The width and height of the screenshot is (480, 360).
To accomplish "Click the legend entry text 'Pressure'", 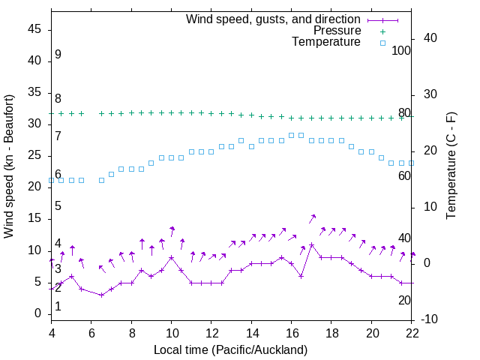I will point(337,31).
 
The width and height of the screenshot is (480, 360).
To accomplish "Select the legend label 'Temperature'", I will point(326,43).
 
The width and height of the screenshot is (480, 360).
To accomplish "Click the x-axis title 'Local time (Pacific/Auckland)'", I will point(230,350).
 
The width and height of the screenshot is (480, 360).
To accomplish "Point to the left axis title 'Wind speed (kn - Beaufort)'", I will point(9,166).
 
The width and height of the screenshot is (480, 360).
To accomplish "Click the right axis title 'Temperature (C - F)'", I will point(451,166).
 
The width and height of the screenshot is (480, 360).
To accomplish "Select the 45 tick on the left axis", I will point(34,29).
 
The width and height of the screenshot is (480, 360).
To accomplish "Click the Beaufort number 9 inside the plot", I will point(58,55).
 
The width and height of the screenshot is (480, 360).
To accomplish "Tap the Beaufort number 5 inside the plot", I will point(58,206).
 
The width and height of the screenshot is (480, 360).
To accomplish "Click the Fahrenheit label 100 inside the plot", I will point(401,51).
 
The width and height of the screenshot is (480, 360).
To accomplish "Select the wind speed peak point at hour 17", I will point(311,244).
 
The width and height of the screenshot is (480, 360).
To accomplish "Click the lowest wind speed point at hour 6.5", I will point(101,295).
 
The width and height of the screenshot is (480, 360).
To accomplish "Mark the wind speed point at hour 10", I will point(171,257).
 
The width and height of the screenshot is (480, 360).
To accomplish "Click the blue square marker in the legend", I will point(382,43).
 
